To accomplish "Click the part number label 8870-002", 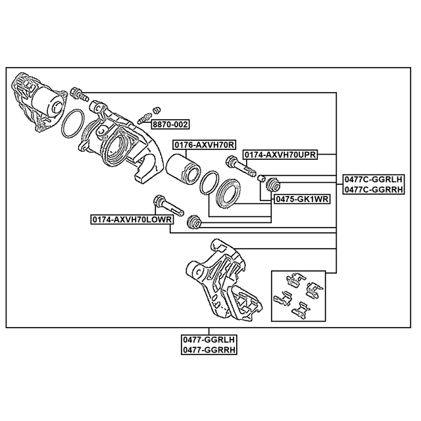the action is [x=170, y=124].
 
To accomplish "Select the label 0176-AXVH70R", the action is [x=205, y=145].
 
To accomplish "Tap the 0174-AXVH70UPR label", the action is [x=280, y=155].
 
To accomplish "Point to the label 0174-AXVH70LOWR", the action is [x=132, y=219].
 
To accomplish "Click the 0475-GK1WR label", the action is [x=302, y=199].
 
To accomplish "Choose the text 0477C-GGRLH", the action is [x=373, y=179].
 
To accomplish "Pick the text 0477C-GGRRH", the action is [x=373, y=189].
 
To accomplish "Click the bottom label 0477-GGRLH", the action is [x=209, y=339].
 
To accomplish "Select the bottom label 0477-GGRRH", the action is [x=209, y=350].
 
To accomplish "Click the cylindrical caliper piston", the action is [x=183, y=169].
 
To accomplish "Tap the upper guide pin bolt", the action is [x=241, y=166].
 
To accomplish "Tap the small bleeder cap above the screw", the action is [x=157, y=110].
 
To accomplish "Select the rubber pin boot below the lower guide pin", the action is [x=194, y=222].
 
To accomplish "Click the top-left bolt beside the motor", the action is [x=79, y=94].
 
